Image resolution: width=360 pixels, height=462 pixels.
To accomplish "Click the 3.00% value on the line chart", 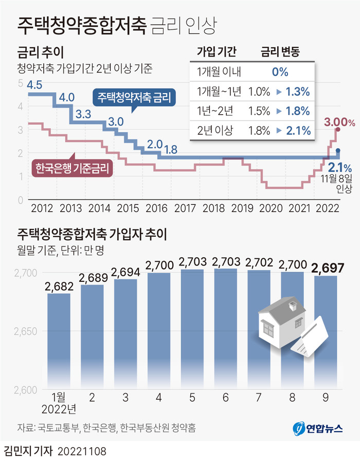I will pyautogui.click(x=339, y=122).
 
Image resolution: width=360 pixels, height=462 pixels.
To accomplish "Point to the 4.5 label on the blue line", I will pyautogui.click(x=34, y=85).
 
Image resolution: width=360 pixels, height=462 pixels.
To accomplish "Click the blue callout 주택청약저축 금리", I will pyautogui.click(x=134, y=97).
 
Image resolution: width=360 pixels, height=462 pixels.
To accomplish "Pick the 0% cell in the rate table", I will pyautogui.click(x=280, y=72).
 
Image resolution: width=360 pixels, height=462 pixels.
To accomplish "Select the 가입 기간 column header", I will pyautogui.click(x=216, y=51).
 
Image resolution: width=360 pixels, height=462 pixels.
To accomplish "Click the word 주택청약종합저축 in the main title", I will pyautogui.click(x=82, y=24).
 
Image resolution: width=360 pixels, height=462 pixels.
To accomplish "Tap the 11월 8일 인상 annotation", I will pyautogui.click(x=336, y=184).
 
